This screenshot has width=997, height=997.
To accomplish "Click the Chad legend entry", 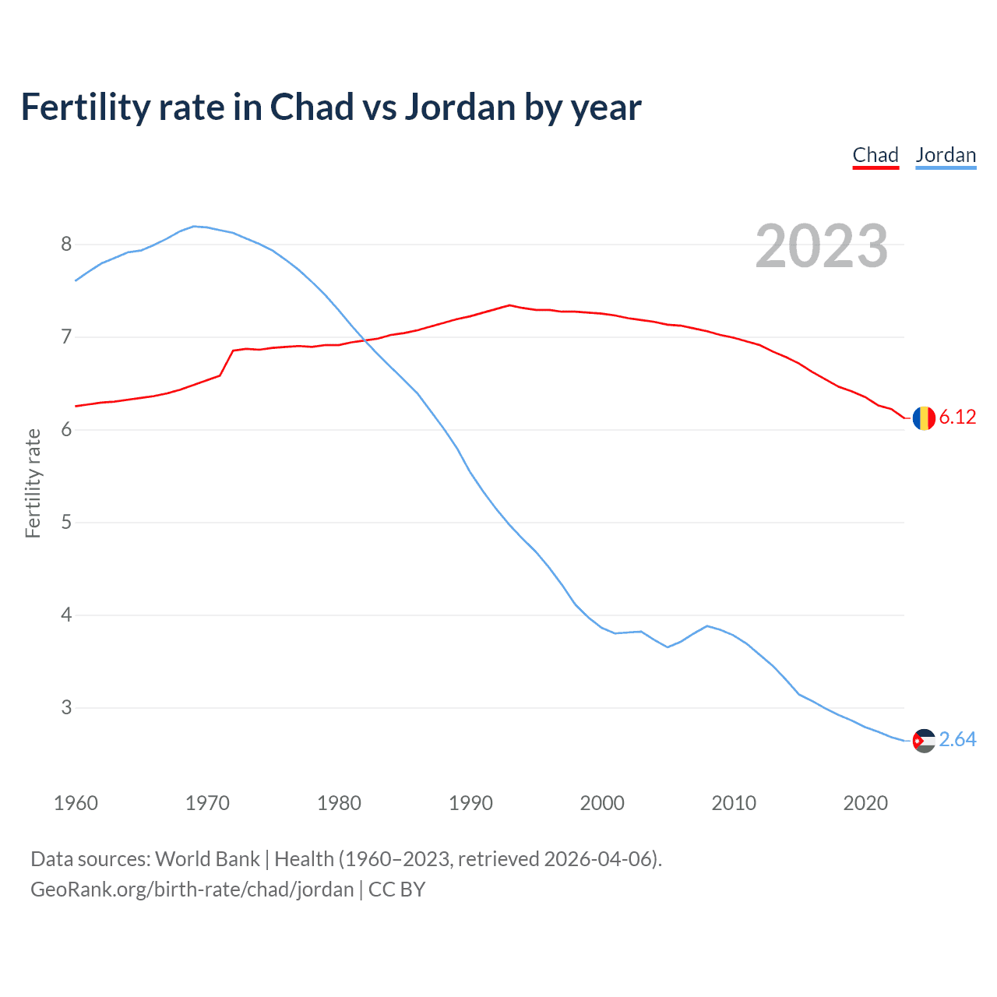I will (x=875, y=155).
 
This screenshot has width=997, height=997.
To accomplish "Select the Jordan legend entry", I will (x=946, y=155).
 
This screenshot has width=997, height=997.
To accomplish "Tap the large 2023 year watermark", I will (x=822, y=246).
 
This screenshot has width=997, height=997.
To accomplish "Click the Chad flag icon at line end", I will (x=924, y=418).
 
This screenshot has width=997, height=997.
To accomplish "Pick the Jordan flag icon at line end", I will (x=924, y=741).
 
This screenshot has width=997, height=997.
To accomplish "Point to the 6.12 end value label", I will (x=957, y=417).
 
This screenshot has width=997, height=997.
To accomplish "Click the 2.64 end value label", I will (x=957, y=740).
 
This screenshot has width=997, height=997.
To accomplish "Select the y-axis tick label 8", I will (x=66, y=245).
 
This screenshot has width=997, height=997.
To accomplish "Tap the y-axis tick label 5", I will (x=66, y=523).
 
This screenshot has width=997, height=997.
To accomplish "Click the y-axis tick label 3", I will (x=66, y=708).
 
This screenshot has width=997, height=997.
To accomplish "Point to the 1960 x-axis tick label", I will (x=76, y=803).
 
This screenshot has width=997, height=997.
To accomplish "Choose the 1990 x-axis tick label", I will (x=470, y=803).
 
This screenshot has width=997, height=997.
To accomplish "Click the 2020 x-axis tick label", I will (x=865, y=803).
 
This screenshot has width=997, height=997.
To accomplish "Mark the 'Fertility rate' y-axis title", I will (x=33, y=483).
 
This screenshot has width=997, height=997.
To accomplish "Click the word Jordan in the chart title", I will (x=460, y=107).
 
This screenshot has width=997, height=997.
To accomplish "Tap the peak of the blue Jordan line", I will (x=194, y=226).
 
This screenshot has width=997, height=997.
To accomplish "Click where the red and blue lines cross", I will (x=365, y=341).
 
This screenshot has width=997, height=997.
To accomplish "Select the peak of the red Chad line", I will (x=509, y=305).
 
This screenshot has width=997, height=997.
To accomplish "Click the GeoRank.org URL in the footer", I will (x=192, y=890).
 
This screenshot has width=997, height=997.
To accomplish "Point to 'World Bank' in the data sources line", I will (x=207, y=859).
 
